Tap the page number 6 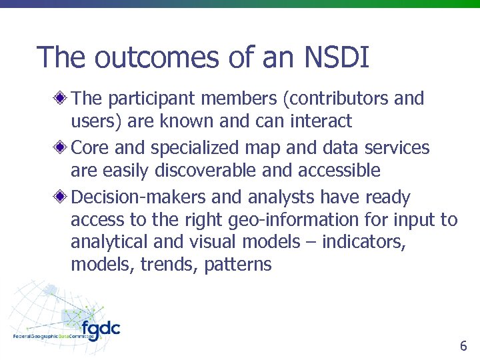(x=463, y=346)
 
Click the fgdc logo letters (x=100, y=329)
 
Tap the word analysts (x=281, y=198)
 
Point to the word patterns (x=238, y=265)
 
